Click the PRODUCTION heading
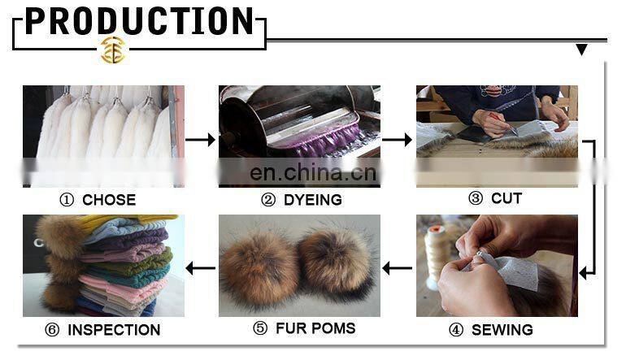coord(140,21)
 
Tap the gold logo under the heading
coord(113,50)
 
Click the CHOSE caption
coord(97,200)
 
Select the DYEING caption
coord(301,200)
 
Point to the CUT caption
coord(495,198)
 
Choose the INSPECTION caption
coord(102,330)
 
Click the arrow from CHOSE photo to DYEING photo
coord(201,140)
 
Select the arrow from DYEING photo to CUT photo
coord(398,140)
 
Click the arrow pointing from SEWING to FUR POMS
coord(398,267)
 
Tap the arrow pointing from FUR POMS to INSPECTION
coord(201,267)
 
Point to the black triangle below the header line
coord(581,50)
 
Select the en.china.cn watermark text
coord(313,172)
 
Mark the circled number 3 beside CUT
coord(476,198)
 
